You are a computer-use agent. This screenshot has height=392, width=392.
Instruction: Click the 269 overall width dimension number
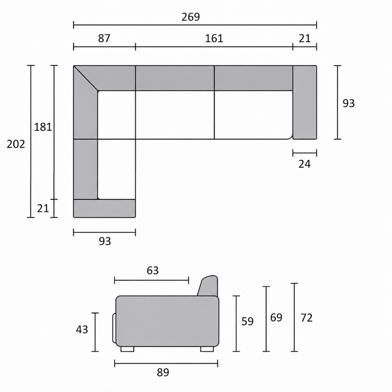(x=190, y=17)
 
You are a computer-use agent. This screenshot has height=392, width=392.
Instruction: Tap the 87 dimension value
(x=104, y=38)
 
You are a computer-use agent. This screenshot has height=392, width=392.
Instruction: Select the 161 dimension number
(x=214, y=38)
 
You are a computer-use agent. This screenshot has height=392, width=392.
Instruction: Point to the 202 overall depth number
(x=16, y=144)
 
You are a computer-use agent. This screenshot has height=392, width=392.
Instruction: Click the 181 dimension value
(x=43, y=127)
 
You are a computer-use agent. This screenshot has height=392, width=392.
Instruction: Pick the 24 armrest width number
(x=304, y=164)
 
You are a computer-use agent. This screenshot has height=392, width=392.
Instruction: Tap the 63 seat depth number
(x=153, y=270)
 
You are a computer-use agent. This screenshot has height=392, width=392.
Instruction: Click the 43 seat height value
(x=82, y=329)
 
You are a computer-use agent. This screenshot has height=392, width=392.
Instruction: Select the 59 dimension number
(x=247, y=322)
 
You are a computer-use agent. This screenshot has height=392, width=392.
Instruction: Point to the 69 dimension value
(x=277, y=317)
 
